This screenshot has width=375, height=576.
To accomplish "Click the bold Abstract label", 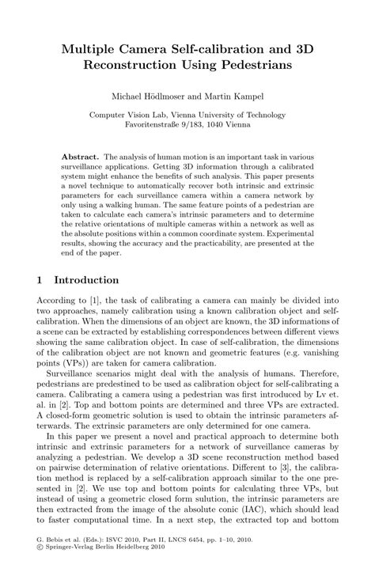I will pos(82,157).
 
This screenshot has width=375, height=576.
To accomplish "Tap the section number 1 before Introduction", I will pos(40,280).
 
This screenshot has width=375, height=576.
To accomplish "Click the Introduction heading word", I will pos(86,280).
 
